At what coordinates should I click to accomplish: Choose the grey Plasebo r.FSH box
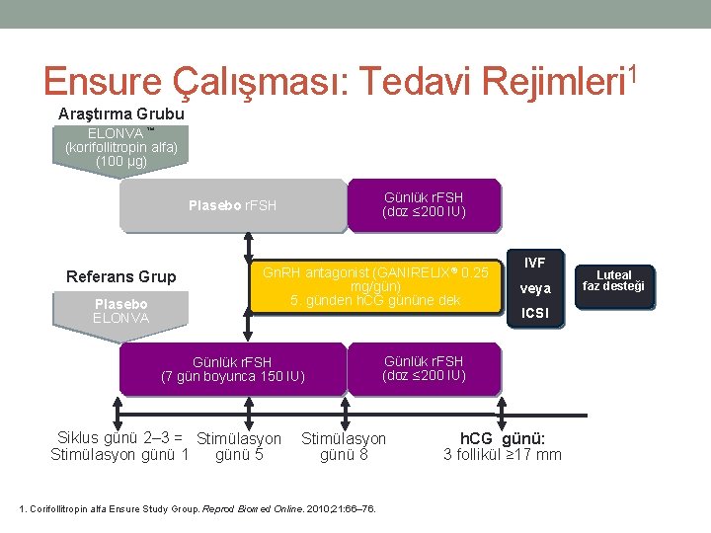232,205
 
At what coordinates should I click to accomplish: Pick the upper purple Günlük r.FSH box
424,205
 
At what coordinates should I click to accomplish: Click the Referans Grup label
120,277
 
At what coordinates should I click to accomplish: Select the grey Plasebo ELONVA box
120,311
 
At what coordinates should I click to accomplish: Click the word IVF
535,263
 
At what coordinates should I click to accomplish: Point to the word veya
535,289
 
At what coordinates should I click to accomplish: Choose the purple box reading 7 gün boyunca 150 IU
233,369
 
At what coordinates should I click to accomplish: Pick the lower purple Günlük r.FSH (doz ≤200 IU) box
424,368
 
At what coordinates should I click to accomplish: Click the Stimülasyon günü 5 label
239,446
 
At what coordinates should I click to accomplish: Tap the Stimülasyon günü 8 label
344,446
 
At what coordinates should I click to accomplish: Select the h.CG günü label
503,438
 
